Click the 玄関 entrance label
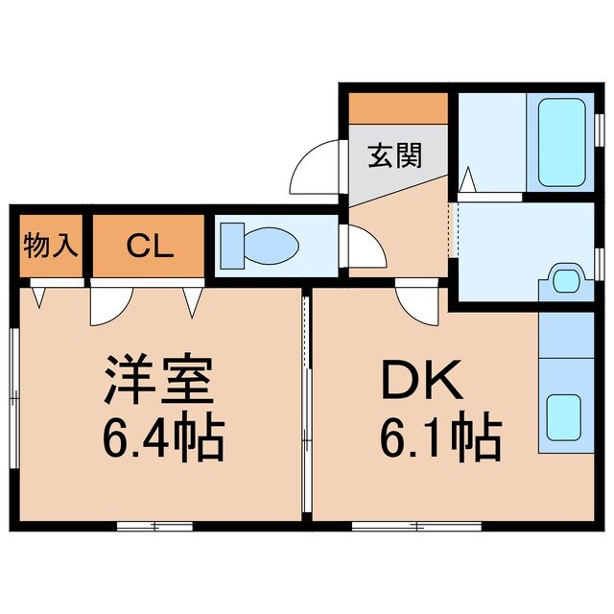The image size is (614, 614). [395, 155]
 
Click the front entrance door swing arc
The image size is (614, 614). [315, 167]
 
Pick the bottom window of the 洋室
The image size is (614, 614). [153, 526]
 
